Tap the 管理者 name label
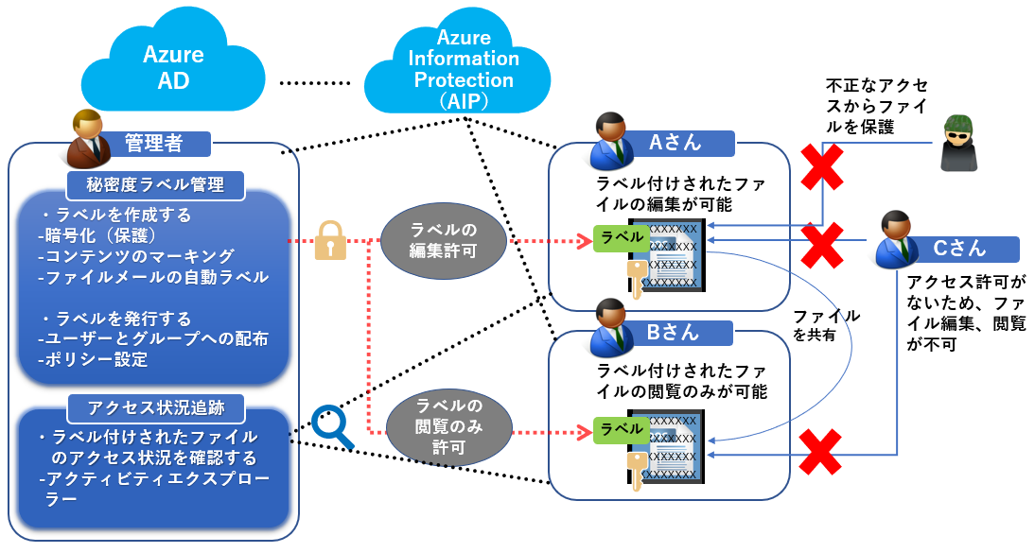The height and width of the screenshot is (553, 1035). [153, 143]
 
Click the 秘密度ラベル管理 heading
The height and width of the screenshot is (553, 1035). [156, 182]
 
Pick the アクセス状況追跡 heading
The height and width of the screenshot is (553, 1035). [156, 408]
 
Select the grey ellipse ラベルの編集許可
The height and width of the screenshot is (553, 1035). [444, 241]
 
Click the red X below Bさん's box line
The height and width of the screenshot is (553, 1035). [821, 451]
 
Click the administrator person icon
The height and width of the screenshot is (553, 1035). [86, 138]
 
